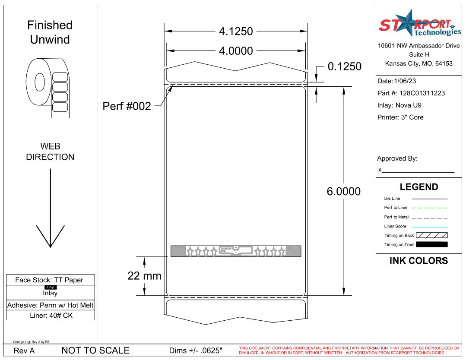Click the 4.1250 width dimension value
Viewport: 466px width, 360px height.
click(x=236, y=32)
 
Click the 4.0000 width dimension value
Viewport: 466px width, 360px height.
click(x=236, y=51)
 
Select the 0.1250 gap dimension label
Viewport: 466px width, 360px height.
click(x=344, y=66)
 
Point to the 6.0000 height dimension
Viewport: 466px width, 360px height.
click(x=343, y=191)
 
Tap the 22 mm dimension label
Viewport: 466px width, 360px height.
click(x=144, y=275)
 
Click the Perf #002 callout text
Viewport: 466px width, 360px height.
click(x=127, y=106)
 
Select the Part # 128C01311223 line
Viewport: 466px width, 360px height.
click(x=411, y=93)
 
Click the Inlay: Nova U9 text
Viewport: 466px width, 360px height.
click(x=399, y=105)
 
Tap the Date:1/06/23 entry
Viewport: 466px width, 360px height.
click(x=397, y=81)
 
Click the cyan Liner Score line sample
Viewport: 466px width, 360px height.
click(x=429, y=227)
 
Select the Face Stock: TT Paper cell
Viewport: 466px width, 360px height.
click(x=49, y=280)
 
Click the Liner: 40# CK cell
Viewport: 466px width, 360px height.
click(x=51, y=316)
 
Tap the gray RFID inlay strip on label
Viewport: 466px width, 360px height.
click(x=235, y=251)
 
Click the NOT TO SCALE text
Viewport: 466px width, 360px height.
click(x=95, y=351)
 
